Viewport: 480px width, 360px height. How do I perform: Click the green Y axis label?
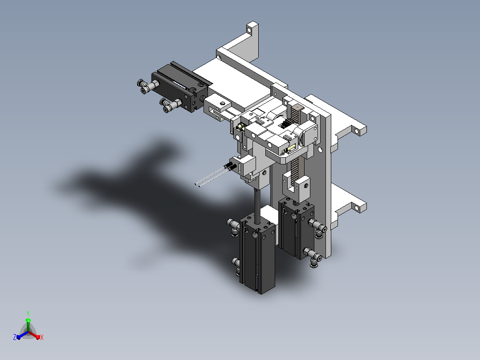click(28, 313)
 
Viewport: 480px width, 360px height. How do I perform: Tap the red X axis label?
click(42, 337)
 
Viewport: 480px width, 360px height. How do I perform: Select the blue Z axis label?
click(15, 337)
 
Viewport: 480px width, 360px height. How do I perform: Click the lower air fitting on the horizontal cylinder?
click(171, 105)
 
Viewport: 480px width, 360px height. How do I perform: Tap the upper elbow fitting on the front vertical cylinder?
click(234, 227)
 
